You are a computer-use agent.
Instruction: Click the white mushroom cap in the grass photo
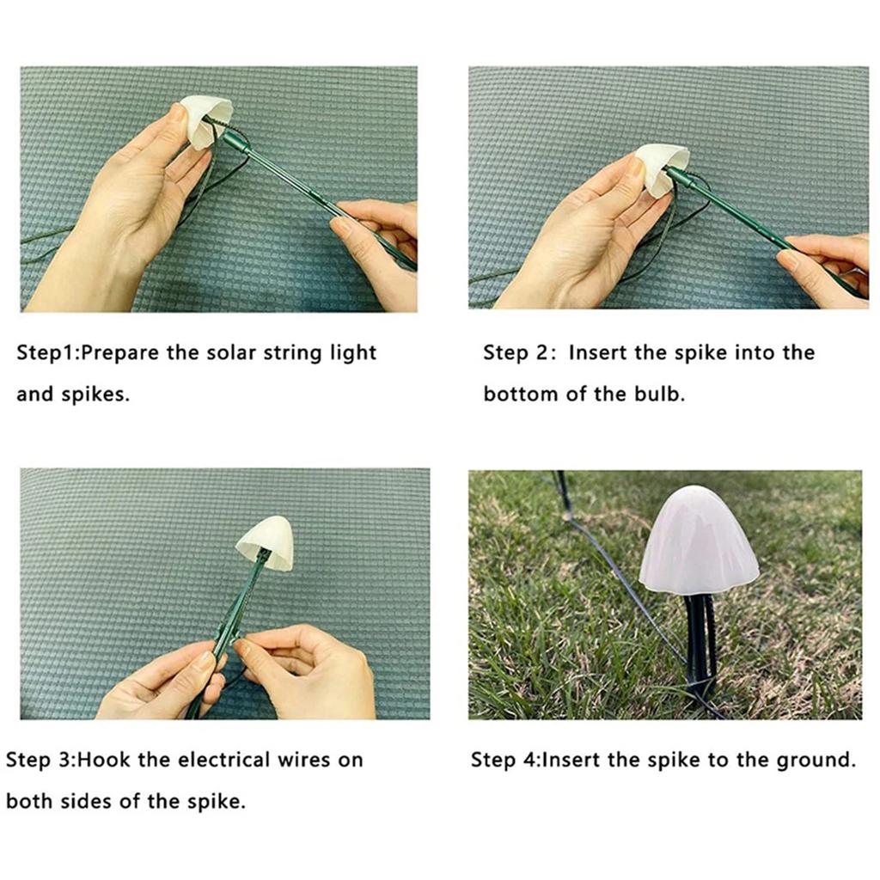point(697,541)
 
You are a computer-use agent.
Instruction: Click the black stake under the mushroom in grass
point(700,645)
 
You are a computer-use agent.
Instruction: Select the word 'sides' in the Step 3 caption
point(113,802)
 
